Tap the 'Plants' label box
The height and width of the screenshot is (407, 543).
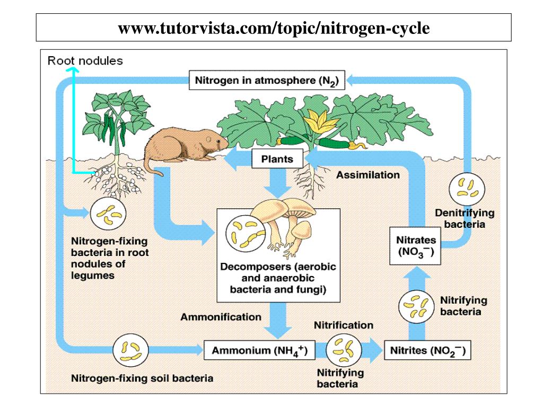pyautogui.click(x=277, y=158)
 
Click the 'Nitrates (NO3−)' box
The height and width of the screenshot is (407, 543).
pyautogui.click(x=416, y=246)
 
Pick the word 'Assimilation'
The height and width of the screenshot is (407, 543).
pyautogui.click(x=368, y=174)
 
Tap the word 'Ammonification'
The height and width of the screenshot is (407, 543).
pyautogui.click(x=221, y=317)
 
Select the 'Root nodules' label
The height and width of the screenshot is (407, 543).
pyautogui.click(x=85, y=60)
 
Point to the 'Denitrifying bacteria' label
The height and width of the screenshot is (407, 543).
pyautogui.click(x=465, y=218)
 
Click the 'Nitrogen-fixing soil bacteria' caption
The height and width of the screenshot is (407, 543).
pyautogui.click(x=142, y=378)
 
